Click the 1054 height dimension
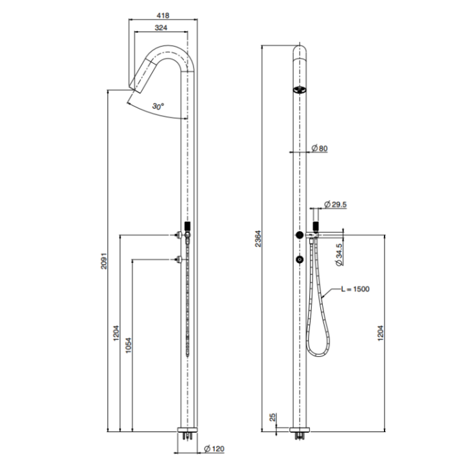(128, 347)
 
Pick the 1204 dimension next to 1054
(116, 333)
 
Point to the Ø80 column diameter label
(319, 149)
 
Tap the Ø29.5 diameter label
(336, 204)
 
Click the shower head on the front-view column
(298, 90)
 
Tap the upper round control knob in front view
(299, 235)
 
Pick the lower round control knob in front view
(299, 259)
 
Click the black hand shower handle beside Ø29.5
(316, 226)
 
